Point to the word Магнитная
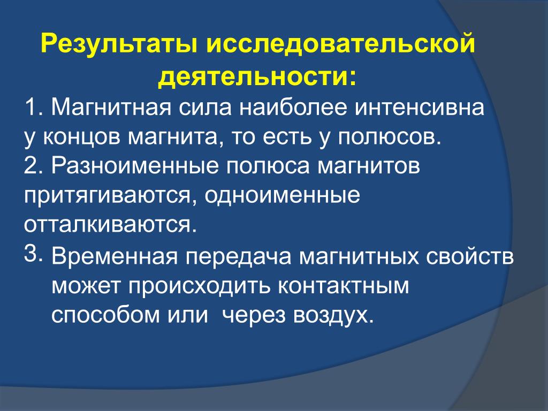pyautogui.click(x=111, y=107)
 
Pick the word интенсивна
pyautogui.click(x=420, y=107)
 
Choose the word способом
pyautogui.click(x=105, y=315)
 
